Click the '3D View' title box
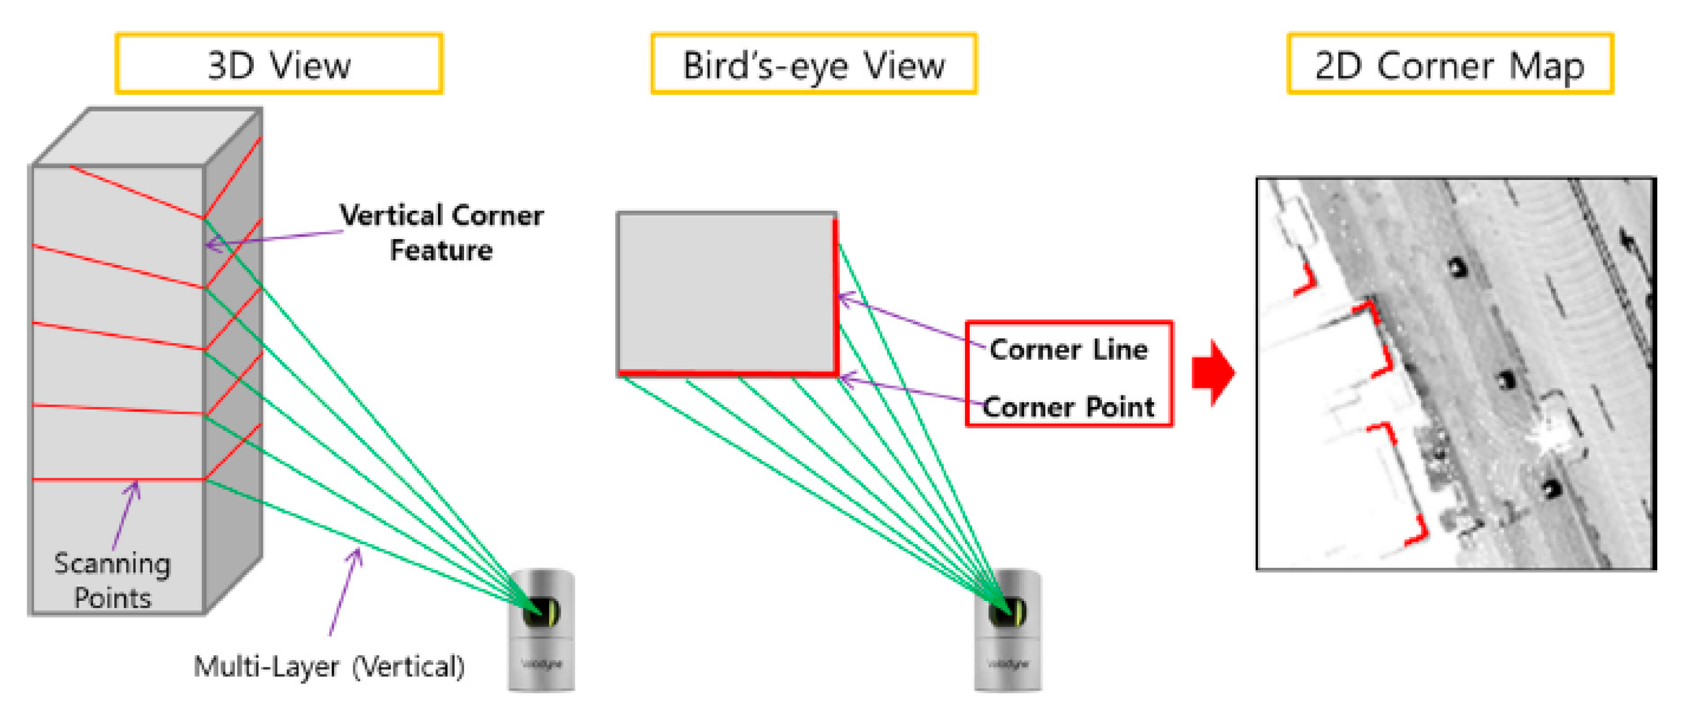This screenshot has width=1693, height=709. click(279, 65)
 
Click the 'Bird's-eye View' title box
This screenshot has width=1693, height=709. click(813, 65)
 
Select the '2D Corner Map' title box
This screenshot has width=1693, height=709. click(1450, 65)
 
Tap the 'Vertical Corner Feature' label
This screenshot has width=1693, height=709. click(441, 233)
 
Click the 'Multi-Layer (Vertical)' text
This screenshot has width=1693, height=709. click(329, 666)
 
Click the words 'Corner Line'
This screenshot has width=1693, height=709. click(1069, 350)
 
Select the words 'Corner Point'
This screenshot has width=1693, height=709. click(1069, 406)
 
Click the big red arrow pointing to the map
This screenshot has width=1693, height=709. click(1213, 373)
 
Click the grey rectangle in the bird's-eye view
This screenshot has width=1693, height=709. click(726, 292)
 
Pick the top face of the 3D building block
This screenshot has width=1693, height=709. click(146, 136)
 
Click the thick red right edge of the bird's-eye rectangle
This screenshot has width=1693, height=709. click(836, 296)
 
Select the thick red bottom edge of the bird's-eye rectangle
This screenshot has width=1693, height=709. click(726, 374)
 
